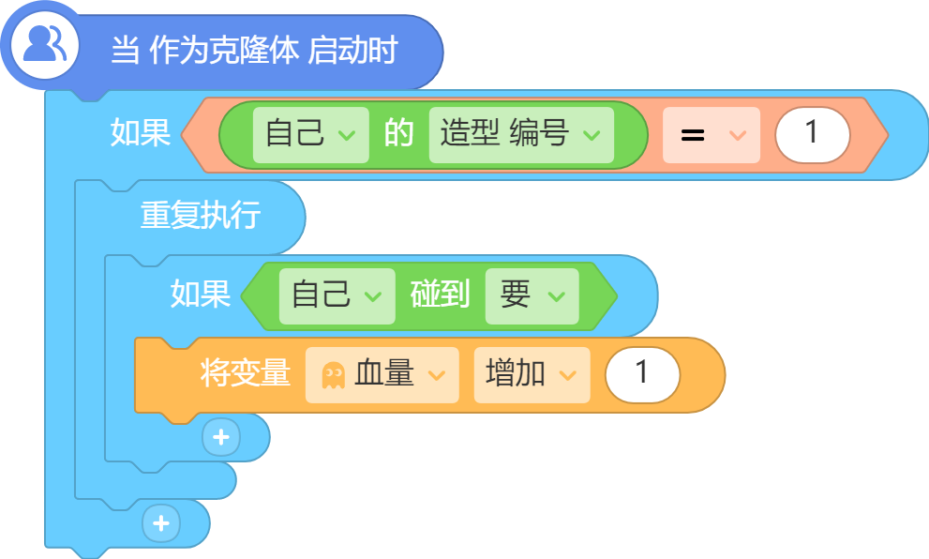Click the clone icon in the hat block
tap(44, 45)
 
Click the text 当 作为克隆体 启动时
tap(254, 50)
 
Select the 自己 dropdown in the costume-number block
tap(310, 134)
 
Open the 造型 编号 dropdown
tap(521, 134)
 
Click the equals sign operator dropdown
tap(711, 135)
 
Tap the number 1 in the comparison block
tap(812, 134)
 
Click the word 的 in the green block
tap(398, 133)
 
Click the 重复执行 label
tap(201, 215)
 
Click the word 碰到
tap(440, 294)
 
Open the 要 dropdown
tap(532, 295)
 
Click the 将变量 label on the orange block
tap(246, 373)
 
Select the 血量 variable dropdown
tap(382, 374)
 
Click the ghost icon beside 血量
tap(333, 376)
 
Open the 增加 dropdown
tap(532, 374)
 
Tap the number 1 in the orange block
tap(642, 374)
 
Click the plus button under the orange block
tap(221, 437)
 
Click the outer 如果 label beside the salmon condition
tap(141, 132)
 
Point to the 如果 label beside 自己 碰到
tap(201, 294)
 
